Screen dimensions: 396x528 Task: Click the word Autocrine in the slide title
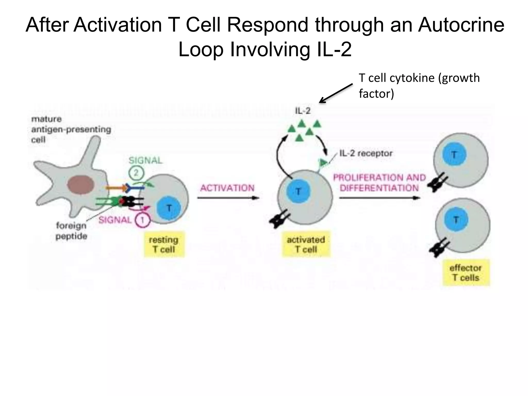click(461, 25)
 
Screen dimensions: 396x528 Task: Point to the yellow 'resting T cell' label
click(164, 244)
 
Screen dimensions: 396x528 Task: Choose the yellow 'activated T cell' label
click(306, 244)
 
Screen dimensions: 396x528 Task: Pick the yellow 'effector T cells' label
click(466, 273)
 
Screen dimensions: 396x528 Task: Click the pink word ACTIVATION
click(227, 188)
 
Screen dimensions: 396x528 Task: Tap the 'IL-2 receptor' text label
click(366, 153)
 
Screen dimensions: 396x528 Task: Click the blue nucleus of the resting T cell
click(169, 208)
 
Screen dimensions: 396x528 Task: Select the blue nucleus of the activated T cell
click(298, 192)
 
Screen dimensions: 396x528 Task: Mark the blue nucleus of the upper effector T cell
click(454, 155)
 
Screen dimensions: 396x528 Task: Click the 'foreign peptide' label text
click(71, 231)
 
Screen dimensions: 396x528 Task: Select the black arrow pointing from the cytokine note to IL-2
click(336, 93)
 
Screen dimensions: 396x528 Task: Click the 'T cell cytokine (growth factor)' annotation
click(419, 86)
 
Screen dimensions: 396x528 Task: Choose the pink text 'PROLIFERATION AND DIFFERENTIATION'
click(379, 183)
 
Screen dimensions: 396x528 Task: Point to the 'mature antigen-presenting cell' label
click(71, 129)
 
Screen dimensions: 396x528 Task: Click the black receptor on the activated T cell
click(279, 219)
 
